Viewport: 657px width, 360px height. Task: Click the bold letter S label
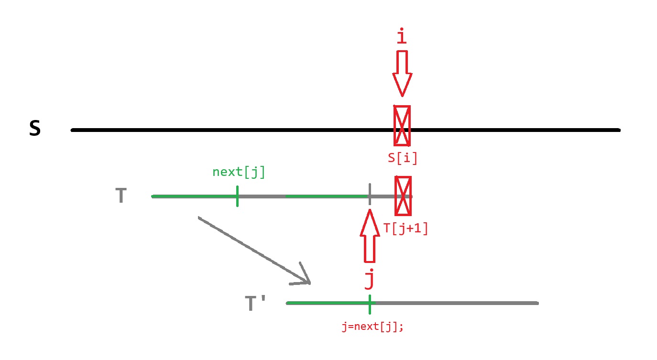(35, 129)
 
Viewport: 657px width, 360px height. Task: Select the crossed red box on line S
(402, 125)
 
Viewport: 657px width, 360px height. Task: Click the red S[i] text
(403, 158)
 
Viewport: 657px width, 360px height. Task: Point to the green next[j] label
(239, 172)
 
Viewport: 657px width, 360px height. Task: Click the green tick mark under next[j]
(237, 196)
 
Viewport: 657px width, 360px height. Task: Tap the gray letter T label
(121, 196)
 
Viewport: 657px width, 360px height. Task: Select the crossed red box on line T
(403, 196)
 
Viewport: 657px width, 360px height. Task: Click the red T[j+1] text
(405, 229)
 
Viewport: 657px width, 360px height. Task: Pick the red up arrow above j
(369, 236)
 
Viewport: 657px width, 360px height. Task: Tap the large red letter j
(369, 280)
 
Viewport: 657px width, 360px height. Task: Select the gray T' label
(256, 304)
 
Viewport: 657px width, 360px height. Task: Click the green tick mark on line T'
(370, 304)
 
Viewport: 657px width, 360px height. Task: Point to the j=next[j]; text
(372, 327)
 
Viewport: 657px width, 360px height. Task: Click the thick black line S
(239, 130)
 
